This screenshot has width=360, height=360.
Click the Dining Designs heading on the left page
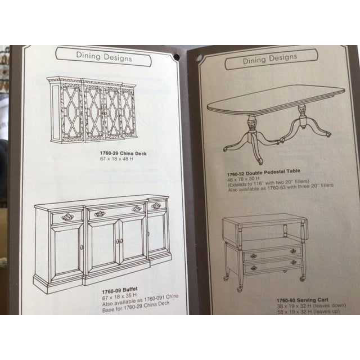tap(104, 56)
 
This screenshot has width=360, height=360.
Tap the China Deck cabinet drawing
tap(92, 109)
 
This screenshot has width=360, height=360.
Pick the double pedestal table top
tap(276, 100)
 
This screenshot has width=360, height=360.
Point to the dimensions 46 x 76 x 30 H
tap(246, 177)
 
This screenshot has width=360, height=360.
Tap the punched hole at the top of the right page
tap(198, 57)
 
